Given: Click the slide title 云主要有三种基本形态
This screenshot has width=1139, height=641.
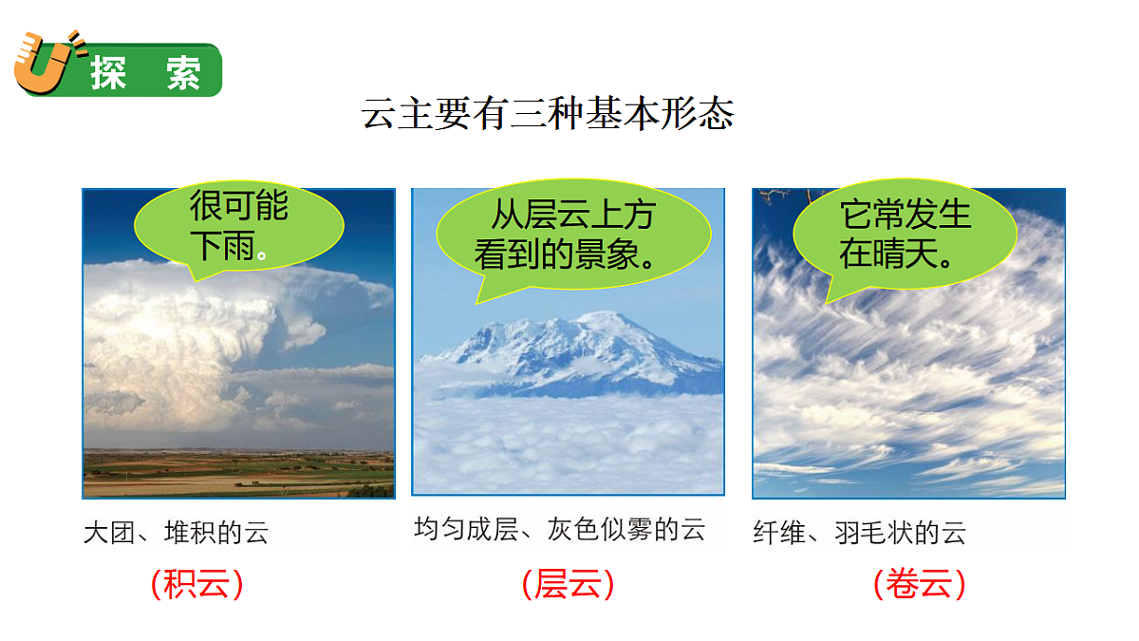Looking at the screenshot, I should [548, 114].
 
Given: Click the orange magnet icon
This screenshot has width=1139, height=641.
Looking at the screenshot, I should [43, 65].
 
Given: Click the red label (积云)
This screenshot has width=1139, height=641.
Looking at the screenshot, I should [196, 583].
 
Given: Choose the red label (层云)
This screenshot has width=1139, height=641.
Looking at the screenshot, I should [568, 583].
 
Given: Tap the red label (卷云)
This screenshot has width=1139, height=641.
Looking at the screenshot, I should [919, 583].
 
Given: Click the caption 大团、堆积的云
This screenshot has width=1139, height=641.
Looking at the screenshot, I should [177, 532].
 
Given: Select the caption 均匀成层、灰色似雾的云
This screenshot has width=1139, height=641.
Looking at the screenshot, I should [560, 529].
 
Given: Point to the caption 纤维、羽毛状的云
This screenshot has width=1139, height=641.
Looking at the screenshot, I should [859, 532].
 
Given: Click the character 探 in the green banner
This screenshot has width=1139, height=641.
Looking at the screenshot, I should [108, 73].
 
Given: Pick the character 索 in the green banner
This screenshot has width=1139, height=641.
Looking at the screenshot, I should [183, 73].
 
